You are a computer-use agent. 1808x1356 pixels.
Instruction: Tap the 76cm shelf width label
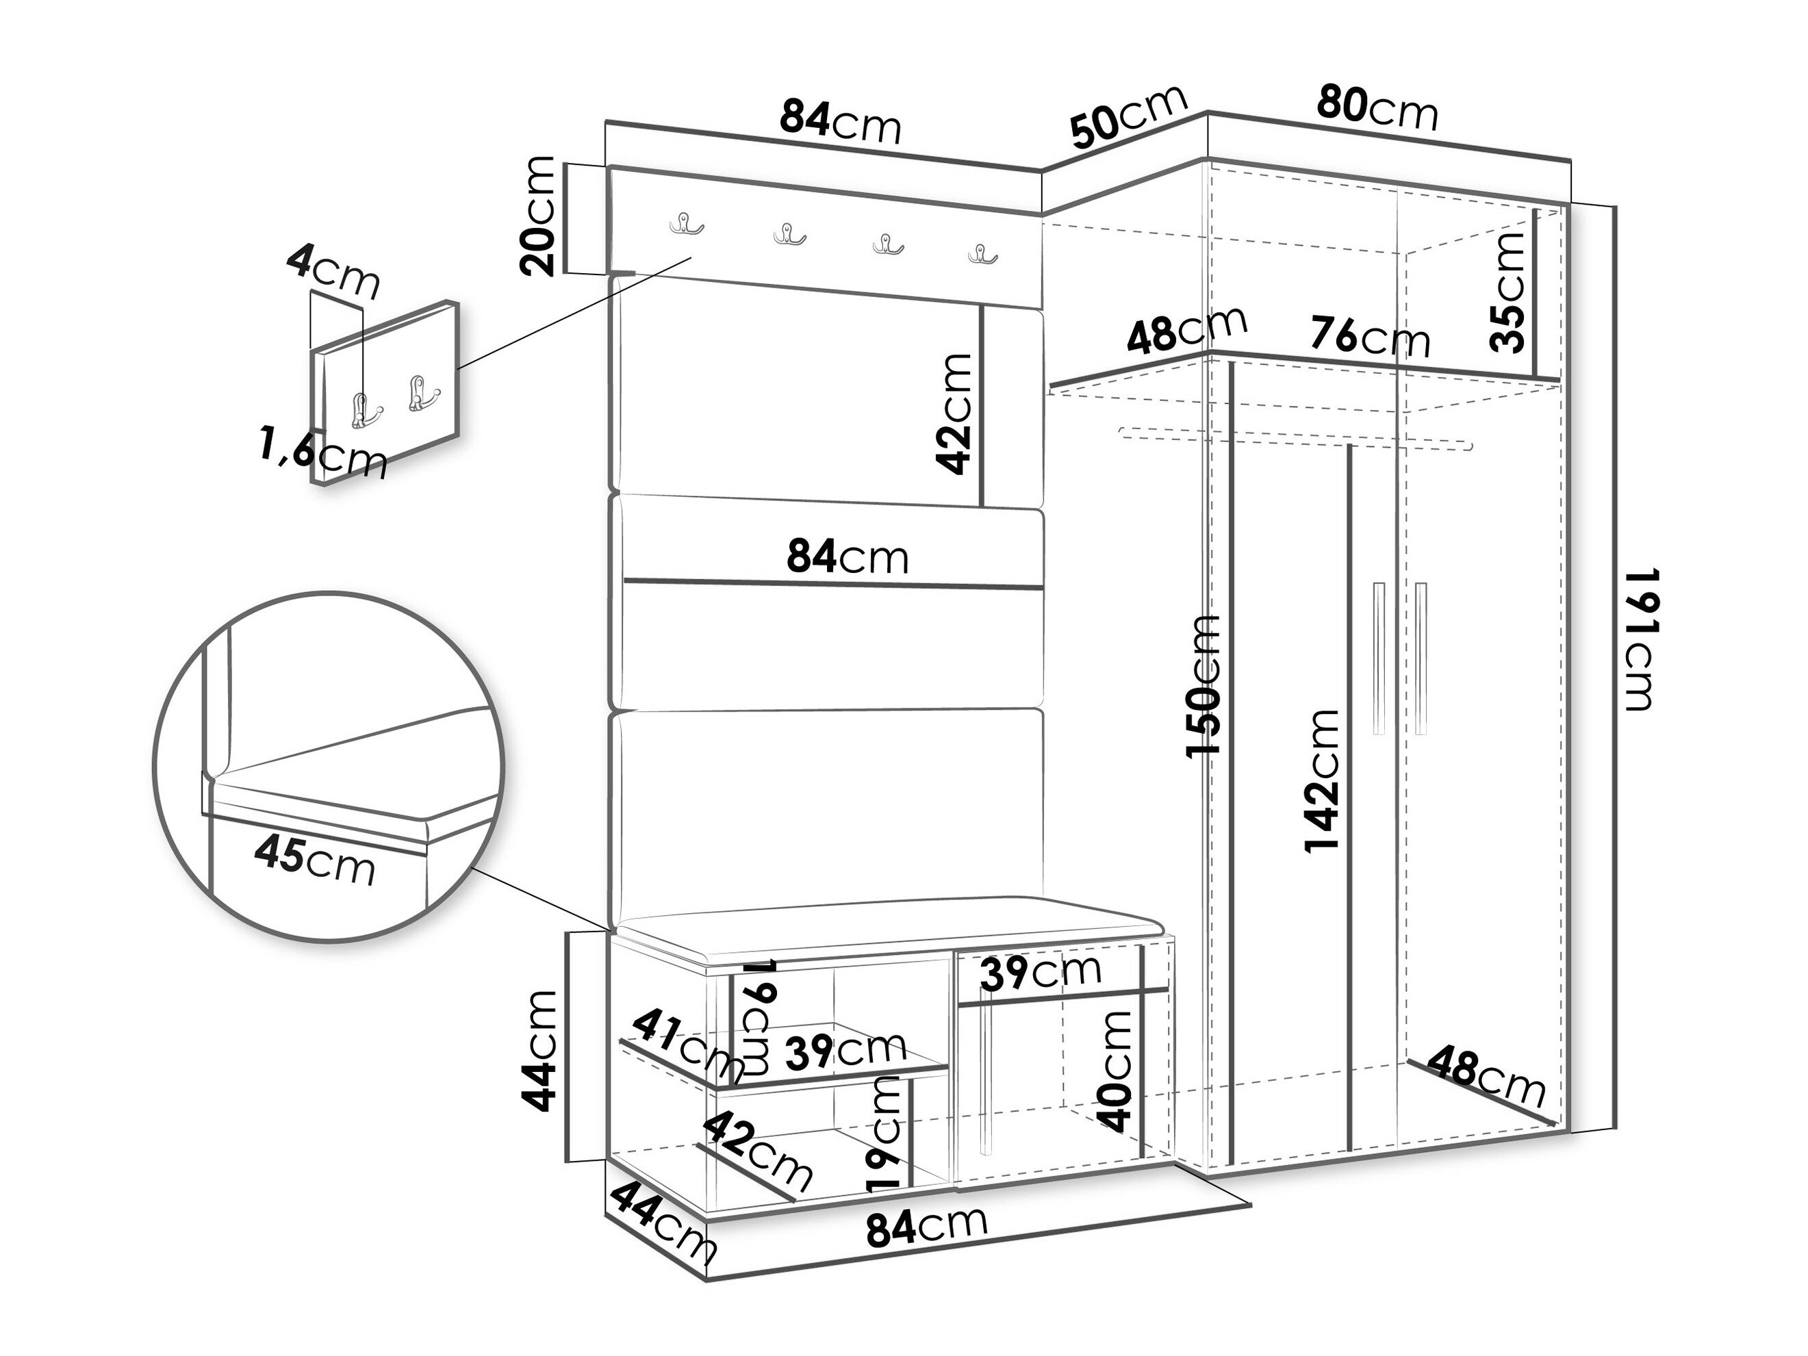pyautogui.click(x=1370, y=336)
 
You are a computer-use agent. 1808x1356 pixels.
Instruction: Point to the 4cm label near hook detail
pyautogui.click(x=333, y=273)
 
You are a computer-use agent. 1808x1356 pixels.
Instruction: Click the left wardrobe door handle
pyautogui.click(x=1379, y=658)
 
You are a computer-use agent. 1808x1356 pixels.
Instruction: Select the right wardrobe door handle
pyautogui.click(x=1421, y=658)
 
